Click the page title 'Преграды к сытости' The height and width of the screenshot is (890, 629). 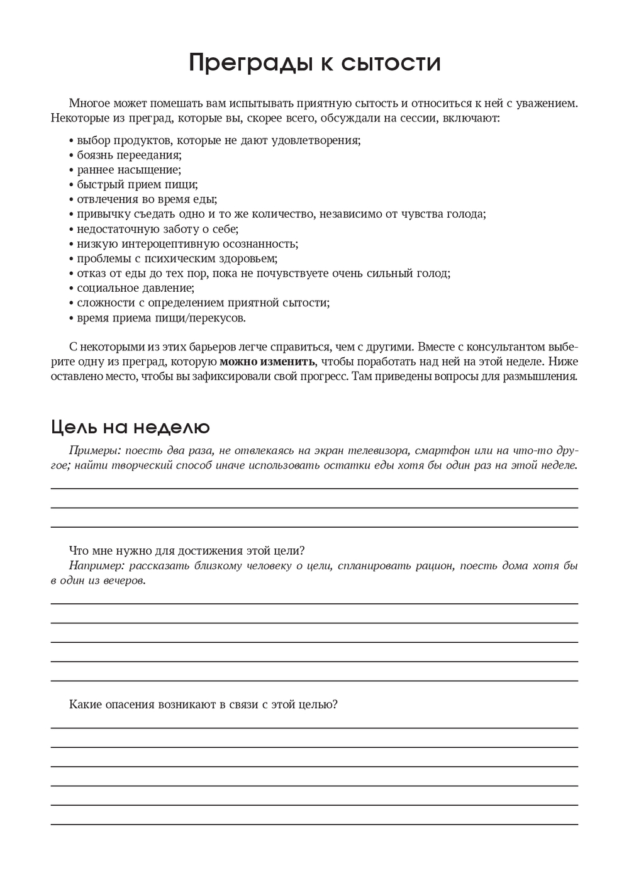(314, 63)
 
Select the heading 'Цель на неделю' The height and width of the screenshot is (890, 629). (130, 427)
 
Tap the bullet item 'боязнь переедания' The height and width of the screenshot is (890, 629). (129, 155)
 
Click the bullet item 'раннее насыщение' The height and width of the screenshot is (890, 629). (129, 170)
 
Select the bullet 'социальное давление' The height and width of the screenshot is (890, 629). (135, 288)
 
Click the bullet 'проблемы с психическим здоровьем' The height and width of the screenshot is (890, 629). (177, 259)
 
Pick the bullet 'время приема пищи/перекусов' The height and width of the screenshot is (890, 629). (161, 318)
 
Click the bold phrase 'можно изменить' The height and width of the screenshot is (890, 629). (267, 362)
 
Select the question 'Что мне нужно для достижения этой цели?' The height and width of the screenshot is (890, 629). (187, 550)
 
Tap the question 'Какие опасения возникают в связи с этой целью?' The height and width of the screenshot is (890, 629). (203, 704)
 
